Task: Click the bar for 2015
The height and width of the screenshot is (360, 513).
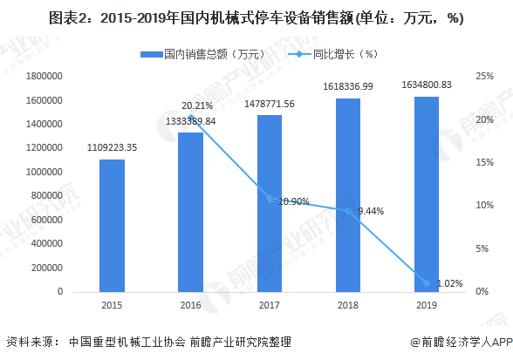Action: coord(112,226)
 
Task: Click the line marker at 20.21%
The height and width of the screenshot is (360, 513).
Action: coord(190,118)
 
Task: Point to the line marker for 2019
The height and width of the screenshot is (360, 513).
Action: coord(427,282)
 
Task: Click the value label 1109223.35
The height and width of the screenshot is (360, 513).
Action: coord(112,149)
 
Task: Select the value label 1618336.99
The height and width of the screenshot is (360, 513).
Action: coord(348,87)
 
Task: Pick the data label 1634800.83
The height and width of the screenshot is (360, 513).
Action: coord(427,85)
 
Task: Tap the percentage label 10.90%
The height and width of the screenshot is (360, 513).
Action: coord(294,201)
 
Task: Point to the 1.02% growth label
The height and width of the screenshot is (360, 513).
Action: coord(448,283)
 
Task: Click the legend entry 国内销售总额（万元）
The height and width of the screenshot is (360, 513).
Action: coord(204,55)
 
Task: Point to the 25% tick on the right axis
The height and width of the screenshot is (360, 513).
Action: coord(484,77)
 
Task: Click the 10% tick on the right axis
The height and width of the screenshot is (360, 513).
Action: coord(484,206)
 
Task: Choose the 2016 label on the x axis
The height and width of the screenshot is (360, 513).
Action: coord(190,304)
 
